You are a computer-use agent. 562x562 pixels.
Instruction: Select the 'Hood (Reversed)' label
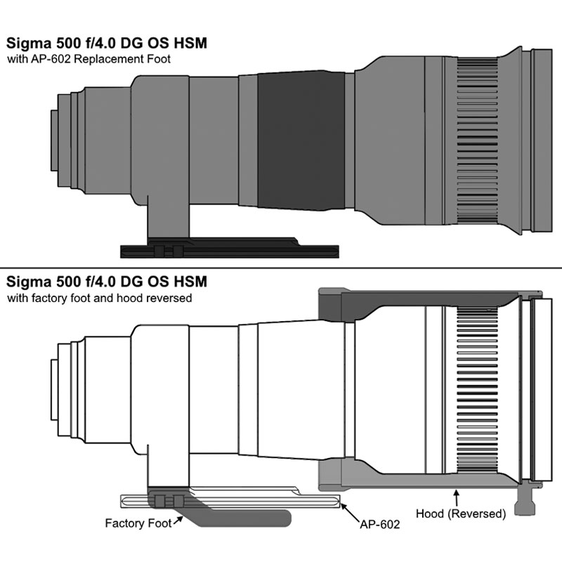point(460,514)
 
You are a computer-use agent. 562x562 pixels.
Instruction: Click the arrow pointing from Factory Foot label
point(178,520)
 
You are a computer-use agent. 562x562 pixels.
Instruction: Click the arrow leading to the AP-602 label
point(348,510)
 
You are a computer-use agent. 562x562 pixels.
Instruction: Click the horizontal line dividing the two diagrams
point(281,269)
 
